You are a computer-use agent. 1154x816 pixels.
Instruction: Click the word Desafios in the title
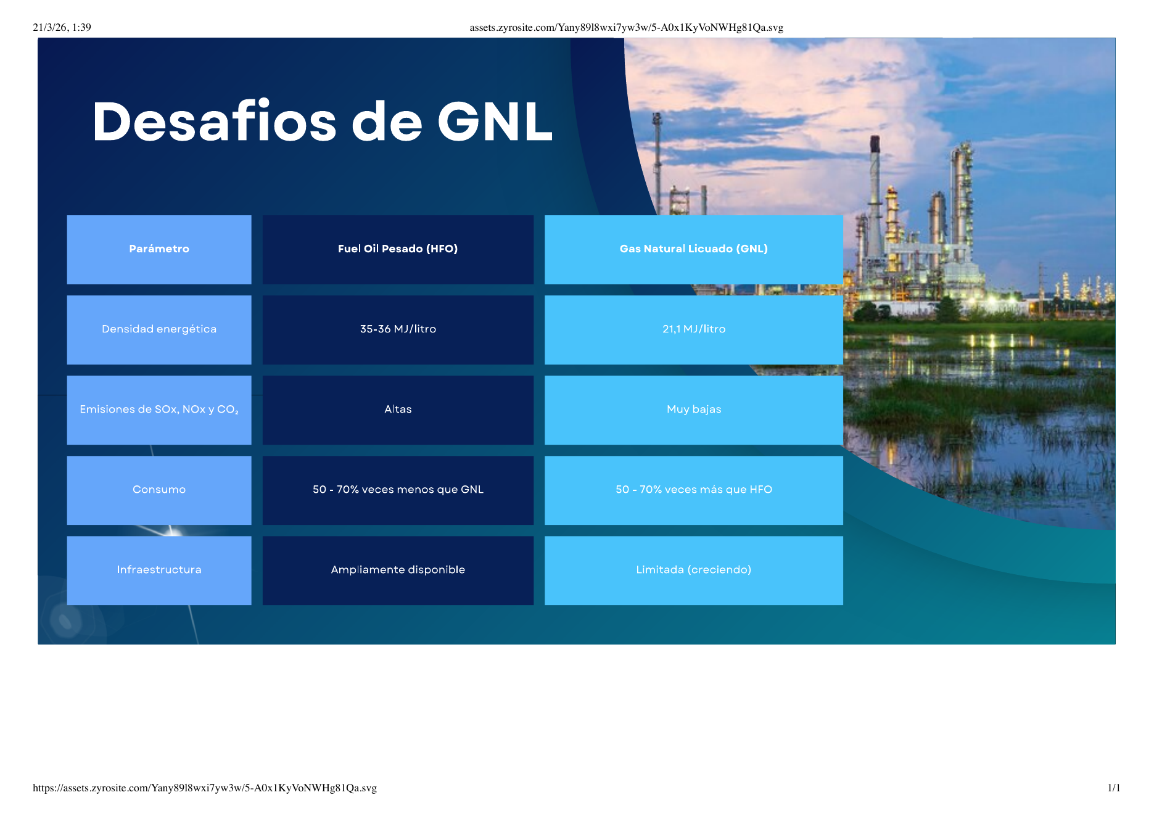(x=215, y=122)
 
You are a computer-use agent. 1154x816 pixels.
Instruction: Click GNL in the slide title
(x=495, y=122)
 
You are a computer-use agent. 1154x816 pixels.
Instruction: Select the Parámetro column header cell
(x=159, y=249)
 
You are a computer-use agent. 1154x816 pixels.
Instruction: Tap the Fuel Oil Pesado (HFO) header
(x=398, y=249)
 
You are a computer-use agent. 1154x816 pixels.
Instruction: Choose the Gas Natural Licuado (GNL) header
(x=693, y=249)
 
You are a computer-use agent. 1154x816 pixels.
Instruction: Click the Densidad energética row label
(x=159, y=329)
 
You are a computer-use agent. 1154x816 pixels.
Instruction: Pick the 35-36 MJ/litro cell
(x=398, y=329)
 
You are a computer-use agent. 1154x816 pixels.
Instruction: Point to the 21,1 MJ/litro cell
(x=693, y=329)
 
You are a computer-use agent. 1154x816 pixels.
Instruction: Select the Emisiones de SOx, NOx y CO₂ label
(x=159, y=410)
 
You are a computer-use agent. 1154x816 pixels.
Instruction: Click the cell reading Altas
(x=398, y=410)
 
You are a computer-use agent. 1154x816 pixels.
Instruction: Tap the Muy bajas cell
(x=693, y=410)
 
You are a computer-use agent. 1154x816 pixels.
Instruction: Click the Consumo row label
(x=159, y=490)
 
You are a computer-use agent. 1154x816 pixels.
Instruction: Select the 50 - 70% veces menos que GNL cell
(x=398, y=490)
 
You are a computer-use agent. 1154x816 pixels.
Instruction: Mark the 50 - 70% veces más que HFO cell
(x=693, y=490)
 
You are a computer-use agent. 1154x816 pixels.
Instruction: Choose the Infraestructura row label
(x=159, y=570)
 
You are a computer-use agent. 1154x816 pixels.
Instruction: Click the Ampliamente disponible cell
(x=398, y=570)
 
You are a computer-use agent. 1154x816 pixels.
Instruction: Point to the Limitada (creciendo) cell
(x=693, y=570)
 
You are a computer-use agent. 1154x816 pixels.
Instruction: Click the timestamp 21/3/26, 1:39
(x=62, y=27)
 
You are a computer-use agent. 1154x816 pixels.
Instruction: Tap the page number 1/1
(x=1113, y=788)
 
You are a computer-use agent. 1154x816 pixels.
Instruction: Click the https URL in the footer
(x=204, y=788)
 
